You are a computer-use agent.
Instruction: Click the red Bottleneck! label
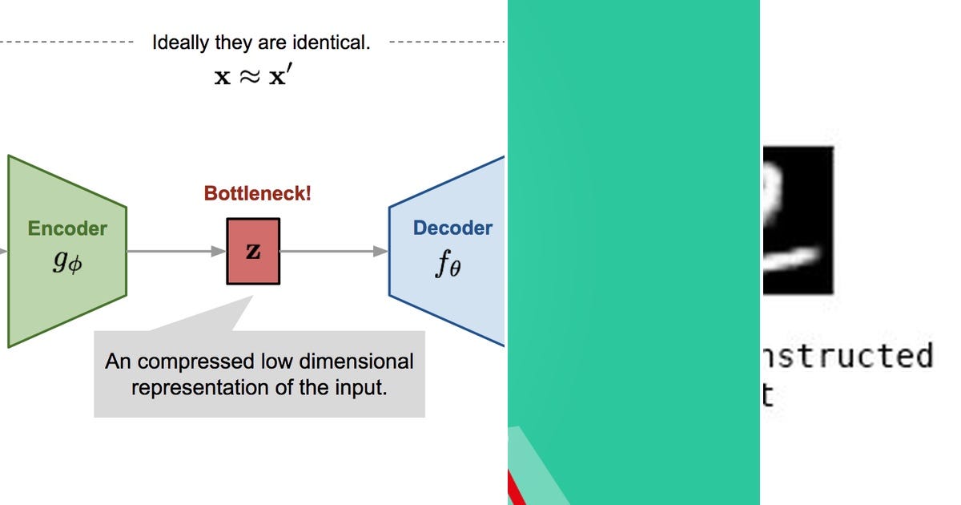tap(257, 193)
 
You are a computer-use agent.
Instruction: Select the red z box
tap(253, 251)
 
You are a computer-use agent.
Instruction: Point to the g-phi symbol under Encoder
tap(66, 262)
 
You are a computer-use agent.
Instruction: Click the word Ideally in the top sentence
tap(181, 42)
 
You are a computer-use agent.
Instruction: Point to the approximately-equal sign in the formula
tap(250, 77)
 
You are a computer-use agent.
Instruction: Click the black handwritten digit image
tap(797, 220)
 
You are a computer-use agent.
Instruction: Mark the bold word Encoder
tap(67, 228)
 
